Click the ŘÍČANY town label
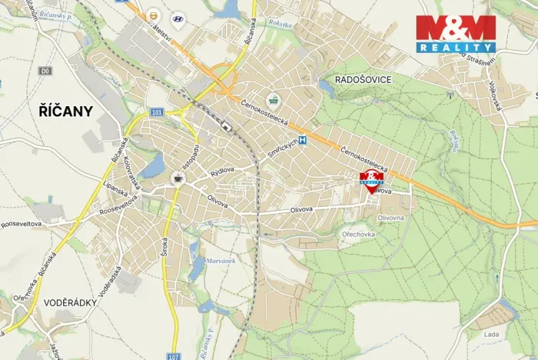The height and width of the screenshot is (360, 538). click(x=65, y=111)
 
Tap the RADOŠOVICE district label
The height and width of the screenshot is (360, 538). click(x=364, y=80)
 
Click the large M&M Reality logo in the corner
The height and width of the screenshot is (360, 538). click(x=455, y=34)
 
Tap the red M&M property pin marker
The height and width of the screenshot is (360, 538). click(x=372, y=181)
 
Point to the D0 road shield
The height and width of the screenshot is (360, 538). click(x=46, y=71)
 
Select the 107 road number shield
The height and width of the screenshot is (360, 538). click(x=173, y=355)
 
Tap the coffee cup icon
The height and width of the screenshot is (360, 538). click(x=178, y=178)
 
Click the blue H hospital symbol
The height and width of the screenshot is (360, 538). click(x=303, y=140)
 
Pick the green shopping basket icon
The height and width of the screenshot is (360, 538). click(x=273, y=99)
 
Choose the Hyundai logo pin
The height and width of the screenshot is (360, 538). click(x=178, y=18)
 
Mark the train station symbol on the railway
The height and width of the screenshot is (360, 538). click(x=225, y=125)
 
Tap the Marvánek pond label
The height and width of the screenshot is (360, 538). click(x=220, y=261)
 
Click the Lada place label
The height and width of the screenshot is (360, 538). click(x=491, y=334)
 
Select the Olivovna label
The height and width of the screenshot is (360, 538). click(x=390, y=218)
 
